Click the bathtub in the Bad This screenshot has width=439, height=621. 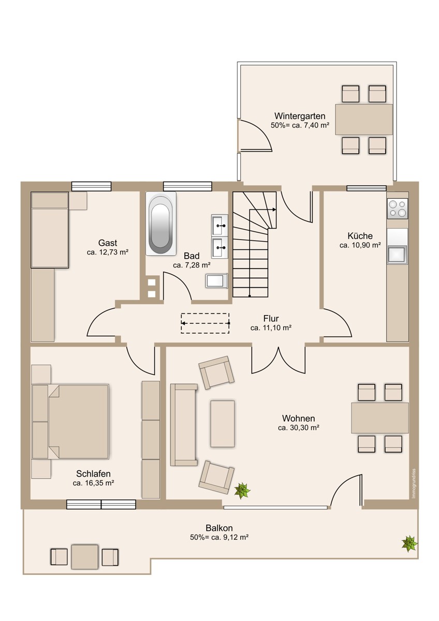161,223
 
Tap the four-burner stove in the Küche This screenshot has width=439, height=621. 398,209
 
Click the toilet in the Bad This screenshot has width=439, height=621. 216,281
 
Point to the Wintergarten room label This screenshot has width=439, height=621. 300,115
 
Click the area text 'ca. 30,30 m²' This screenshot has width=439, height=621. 298,427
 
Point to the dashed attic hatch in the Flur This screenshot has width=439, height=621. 205,323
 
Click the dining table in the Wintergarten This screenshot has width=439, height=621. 364,120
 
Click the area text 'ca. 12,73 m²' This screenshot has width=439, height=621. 107,252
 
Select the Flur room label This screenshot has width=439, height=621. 271,318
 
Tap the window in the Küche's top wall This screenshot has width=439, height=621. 367,188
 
